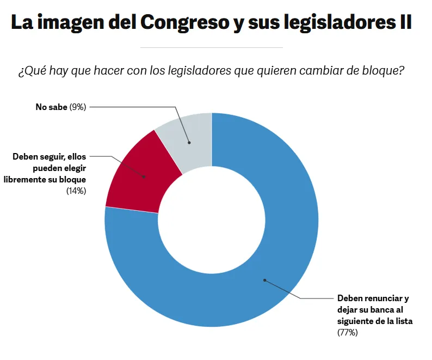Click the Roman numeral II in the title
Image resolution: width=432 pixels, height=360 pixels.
tap(403, 22)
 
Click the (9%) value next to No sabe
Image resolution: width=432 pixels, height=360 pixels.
tap(78, 107)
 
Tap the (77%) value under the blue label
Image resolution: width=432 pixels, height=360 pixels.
tap(348, 332)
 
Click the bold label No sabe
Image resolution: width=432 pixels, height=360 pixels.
tap(51, 107)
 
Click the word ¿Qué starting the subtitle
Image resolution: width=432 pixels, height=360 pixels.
tap(30, 72)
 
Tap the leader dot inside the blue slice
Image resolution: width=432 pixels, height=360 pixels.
tap(265, 280)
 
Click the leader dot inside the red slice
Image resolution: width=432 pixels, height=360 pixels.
tap(145, 176)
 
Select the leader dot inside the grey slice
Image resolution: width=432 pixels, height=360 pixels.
tap(189, 143)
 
